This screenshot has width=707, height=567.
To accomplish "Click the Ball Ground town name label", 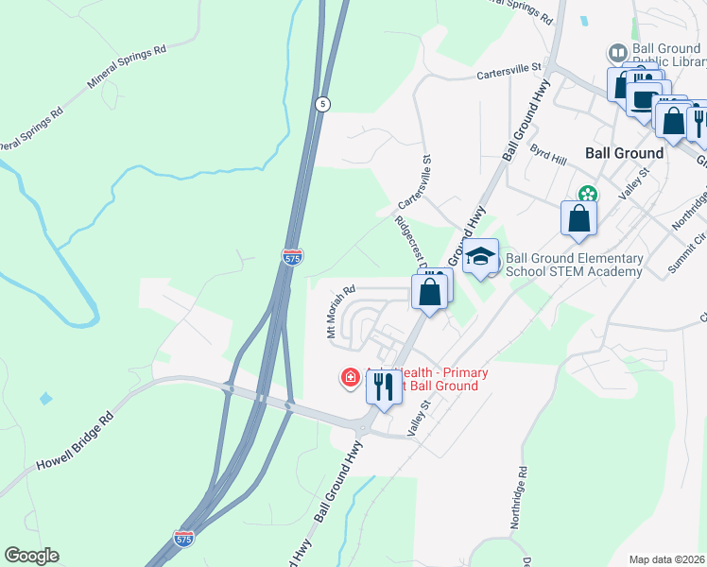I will click(624, 152).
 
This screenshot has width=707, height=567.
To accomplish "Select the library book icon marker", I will click(617, 52).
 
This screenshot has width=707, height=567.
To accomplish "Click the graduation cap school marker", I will click(480, 257).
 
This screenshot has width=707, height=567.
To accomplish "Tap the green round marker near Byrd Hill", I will click(588, 195).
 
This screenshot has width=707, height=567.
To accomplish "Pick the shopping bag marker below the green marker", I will click(579, 218).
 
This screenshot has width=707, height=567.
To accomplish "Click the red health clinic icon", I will click(350, 379).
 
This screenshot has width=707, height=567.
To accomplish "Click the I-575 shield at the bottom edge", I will click(184, 538).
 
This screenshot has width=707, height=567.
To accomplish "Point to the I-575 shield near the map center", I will click(292, 256).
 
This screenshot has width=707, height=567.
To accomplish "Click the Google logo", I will click(31, 556).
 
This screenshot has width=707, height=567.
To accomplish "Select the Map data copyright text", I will click(667, 559).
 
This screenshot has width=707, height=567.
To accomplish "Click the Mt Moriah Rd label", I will click(340, 312).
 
